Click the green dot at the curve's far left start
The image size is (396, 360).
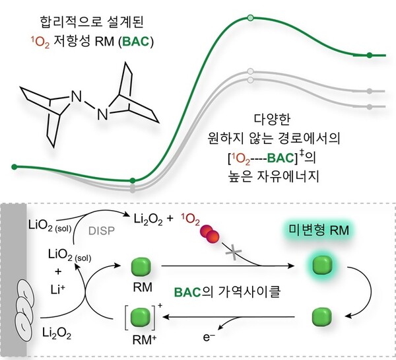[x=15, y=166]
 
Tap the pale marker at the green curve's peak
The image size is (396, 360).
[x=250, y=18]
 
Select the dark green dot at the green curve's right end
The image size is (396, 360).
[x=370, y=55]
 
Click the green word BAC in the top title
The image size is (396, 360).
[x=136, y=42]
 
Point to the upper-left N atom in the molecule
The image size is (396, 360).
[x=77, y=96]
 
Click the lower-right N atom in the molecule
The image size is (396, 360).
[x=102, y=114]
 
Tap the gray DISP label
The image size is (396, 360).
[x=102, y=231]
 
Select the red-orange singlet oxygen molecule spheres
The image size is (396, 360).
[x=209, y=234]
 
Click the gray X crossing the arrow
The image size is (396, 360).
[x=234, y=253]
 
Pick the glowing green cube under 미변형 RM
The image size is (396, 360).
[x=322, y=265]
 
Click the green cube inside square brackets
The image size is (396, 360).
[x=141, y=317]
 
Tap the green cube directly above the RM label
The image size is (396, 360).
[x=141, y=266]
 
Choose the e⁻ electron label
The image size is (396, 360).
[x=209, y=337]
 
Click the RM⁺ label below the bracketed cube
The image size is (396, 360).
[x=144, y=340]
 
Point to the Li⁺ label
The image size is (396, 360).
[x=58, y=289]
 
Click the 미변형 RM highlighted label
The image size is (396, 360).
[x=319, y=231]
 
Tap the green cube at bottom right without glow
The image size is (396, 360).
[x=322, y=317]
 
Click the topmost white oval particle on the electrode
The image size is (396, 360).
[x=25, y=292]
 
